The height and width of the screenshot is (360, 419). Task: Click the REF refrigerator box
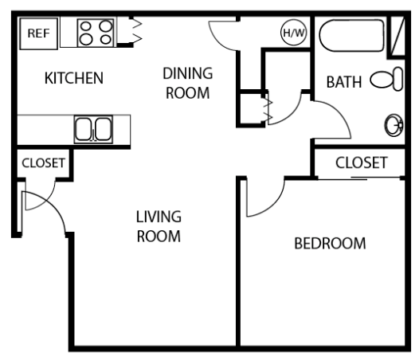[x=37, y=33]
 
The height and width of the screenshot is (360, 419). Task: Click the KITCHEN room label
[x=73, y=78]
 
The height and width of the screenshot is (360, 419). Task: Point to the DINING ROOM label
[x=187, y=82]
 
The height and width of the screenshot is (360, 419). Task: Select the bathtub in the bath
[x=350, y=35]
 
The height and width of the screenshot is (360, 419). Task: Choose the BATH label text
[x=344, y=81]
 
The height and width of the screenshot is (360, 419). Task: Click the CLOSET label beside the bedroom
[x=361, y=162]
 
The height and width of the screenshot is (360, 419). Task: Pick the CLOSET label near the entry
[x=42, y=162]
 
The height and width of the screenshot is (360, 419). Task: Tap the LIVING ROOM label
[x=159, y=226]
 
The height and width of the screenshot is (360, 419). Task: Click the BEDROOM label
[x=330, y=243]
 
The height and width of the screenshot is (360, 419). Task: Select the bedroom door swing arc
[x=267, y=199]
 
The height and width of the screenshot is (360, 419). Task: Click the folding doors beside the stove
[x=134, y=32]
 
